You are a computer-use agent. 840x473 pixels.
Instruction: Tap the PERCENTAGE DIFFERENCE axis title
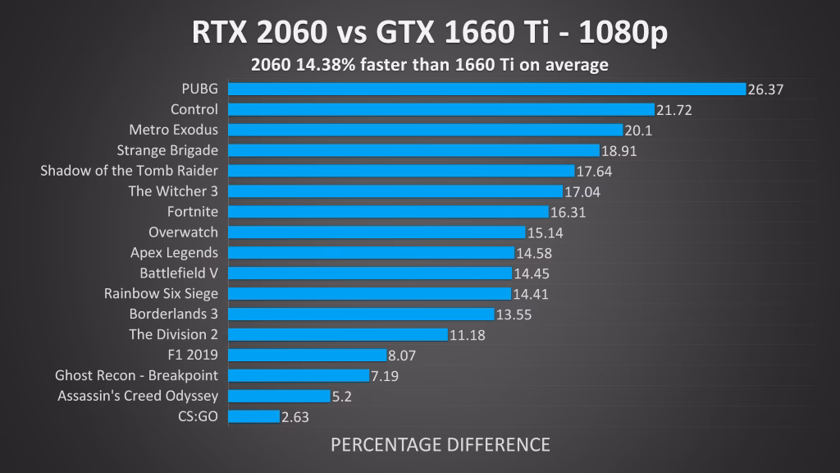440,445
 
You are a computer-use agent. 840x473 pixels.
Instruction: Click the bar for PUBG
486,89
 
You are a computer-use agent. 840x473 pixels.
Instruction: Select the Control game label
194,109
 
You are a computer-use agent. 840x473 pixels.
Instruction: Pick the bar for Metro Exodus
425,130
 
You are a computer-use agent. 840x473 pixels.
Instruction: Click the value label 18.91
619,151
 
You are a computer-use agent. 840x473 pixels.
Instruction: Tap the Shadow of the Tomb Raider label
130,171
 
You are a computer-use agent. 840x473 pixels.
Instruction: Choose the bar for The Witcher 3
395,191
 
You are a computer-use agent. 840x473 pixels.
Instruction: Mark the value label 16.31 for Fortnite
568,213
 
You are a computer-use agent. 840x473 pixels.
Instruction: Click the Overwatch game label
183,232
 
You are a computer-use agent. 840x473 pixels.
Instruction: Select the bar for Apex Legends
371,253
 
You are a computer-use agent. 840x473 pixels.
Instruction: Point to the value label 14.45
532,274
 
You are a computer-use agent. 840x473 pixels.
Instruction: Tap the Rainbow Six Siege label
161,293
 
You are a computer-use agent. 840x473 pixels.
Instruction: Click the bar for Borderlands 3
361,314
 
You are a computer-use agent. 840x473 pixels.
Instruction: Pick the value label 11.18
467,335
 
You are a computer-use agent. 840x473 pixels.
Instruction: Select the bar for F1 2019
307,355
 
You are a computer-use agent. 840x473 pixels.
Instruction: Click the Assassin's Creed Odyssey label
138,396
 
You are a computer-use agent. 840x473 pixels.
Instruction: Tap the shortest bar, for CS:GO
253,416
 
